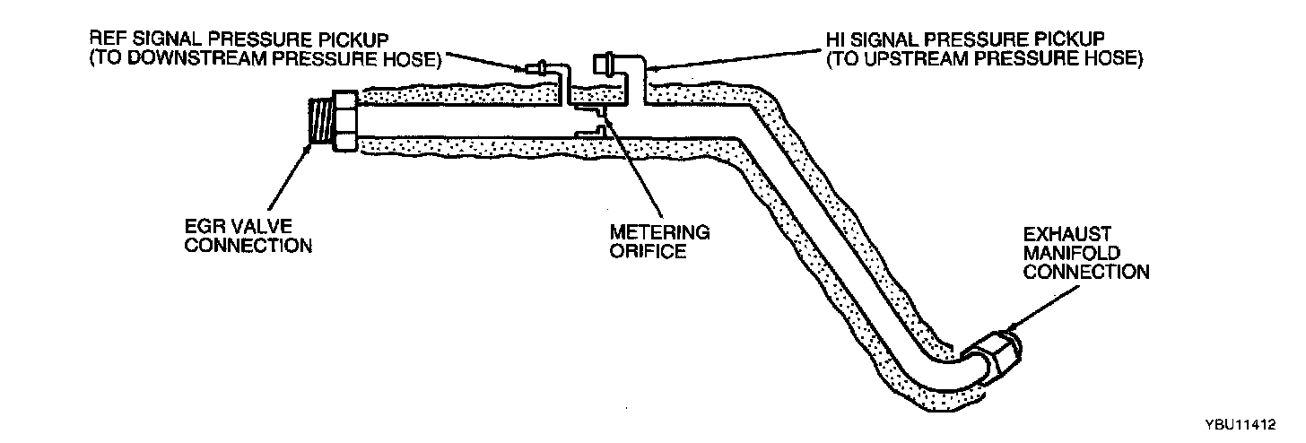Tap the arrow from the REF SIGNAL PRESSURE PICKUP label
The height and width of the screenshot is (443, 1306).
tap(484, 60)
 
